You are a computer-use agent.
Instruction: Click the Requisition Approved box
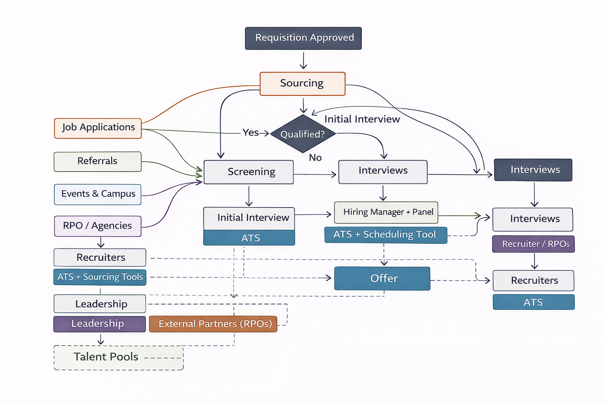click(x=303, y=38)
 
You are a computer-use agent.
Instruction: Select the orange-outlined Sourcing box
click(x=302, y=84)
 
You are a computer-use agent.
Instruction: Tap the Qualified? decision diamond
click(x=303, y=134)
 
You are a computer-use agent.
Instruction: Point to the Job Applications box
click(x=98, y=128)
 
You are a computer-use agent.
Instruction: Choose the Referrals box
click(x=97, y=161)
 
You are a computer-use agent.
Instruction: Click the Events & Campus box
click(x=97, y=194)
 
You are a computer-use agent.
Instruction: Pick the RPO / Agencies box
click(x=97, y=226)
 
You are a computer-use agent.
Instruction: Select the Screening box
click(x=249, y=172)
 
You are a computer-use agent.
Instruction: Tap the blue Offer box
click(x=382, y=279)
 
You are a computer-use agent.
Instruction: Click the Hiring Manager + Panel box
click(x=386, y=212)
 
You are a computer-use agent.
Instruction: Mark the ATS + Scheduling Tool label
click(x=385, y=235)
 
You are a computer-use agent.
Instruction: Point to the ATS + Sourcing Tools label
click(x=100, y=277)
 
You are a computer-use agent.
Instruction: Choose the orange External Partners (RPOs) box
click(x=213, y=324)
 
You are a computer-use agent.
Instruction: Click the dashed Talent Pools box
click(x=118, y=357)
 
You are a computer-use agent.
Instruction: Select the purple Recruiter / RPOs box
click(x=533, y=244)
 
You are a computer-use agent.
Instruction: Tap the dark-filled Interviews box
click(x=533, y=170)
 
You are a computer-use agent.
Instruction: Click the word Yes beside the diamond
click(x=251, y=133)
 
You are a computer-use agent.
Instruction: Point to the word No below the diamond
click(x=315, y=158)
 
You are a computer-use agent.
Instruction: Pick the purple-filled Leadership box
click(x=99, y=324)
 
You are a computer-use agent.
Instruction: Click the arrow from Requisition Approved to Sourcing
click(x=303, y=61)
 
